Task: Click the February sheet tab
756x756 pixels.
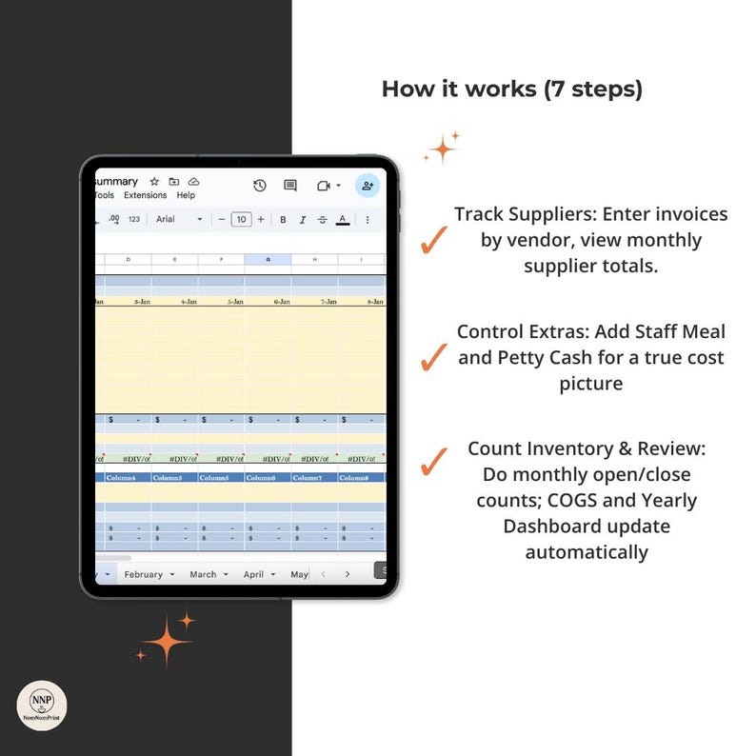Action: click(x=144, y=574)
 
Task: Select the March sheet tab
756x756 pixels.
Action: click(x=203, y=574)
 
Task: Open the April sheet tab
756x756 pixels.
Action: click(x=253, y=574)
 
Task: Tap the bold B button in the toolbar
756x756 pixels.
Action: click(x=283, y=219)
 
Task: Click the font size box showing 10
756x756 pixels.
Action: click(x=242, y=219)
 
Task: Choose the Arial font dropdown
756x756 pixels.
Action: click(x=179, y=219)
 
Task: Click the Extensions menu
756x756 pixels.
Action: click(x=145, y=195)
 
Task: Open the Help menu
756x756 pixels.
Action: click(x=186, y=195)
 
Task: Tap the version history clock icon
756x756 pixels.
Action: click(x=259, y=186)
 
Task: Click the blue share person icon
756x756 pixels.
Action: click(x=368, y=186)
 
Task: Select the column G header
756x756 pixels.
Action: click(x=268, y=259)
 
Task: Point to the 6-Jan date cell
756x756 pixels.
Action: click(x=281, y=301)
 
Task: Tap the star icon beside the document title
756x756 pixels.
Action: click(x=154, y=181)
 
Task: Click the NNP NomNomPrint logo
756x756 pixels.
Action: click(x=42, y=706)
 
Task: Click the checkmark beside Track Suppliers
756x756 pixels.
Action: click(x=434, y=241)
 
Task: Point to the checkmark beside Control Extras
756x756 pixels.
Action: click(x=434, y=358)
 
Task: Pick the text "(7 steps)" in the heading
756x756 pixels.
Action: click(x=593, y=90)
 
